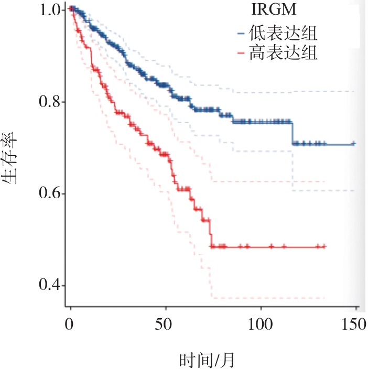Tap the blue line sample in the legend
point(241,35)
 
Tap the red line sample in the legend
point(241,53)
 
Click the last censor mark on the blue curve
point(353,143)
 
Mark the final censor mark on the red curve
point(324,246)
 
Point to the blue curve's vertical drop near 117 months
point(293,132)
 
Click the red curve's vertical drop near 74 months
point(211,233)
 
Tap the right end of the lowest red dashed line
point(325,298)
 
